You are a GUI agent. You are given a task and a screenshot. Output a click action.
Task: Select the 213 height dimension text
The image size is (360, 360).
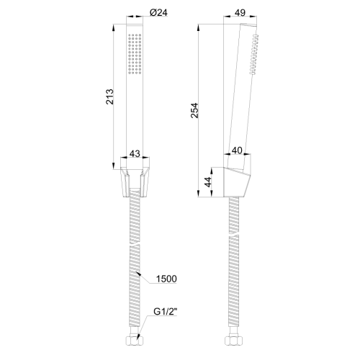click(109, 96)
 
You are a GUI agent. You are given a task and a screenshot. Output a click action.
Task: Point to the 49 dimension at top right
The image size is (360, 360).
click(240, 12)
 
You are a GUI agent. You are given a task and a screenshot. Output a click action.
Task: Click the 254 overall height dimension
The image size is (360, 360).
click(194, 110)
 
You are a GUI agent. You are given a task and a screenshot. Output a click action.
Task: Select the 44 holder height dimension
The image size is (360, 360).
click(210, 182)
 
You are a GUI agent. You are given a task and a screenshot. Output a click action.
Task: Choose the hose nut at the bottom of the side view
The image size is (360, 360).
click(234, 343)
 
